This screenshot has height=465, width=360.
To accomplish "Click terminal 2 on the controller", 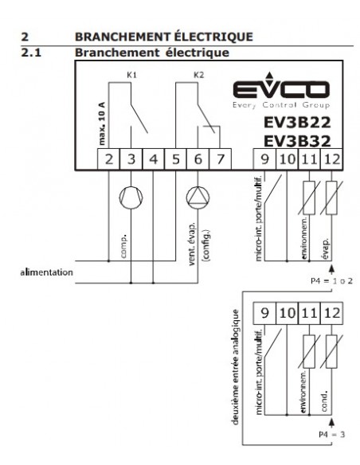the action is tap(109, 159).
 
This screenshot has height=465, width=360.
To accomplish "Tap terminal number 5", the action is tap(176, 159).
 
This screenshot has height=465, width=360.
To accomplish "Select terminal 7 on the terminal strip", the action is tap(221, 159).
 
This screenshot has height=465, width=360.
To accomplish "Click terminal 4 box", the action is tap(153, 159).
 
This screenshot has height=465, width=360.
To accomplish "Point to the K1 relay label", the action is tap(131, 75).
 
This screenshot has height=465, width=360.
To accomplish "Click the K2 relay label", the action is tap(198, 75).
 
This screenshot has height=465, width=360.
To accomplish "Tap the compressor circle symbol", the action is tap(131, 197).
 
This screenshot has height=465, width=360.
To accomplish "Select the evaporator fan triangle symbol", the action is tap(198, 197).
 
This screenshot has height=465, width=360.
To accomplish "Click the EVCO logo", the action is tap(281, 90).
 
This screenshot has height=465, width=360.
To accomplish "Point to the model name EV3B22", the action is tap(297, 122).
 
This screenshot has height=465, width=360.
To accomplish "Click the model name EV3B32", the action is tap(297, 141).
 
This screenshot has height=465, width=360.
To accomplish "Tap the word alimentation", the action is tap(46, 272).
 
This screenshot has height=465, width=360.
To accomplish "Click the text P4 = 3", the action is tap(332, 435).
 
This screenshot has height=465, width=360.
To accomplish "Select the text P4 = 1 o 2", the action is tap(331, 281).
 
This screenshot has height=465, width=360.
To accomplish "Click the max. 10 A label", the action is tap(102, 123).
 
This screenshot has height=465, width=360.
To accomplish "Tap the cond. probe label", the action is tap(324, 401).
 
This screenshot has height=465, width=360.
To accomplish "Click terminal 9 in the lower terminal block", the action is tap(264, 313).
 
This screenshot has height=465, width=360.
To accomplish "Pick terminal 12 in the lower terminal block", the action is tap(332, 313).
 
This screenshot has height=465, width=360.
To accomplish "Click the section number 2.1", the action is tap(31, 53).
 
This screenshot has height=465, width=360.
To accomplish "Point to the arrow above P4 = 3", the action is tap(332, 423).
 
